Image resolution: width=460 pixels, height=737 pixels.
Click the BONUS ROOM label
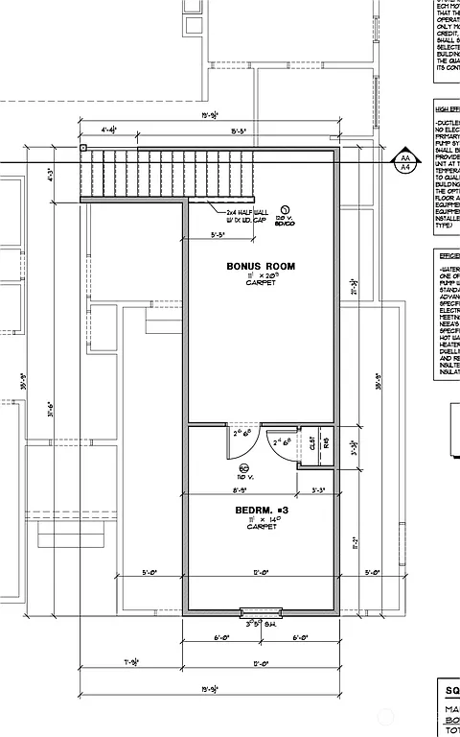point(260,266)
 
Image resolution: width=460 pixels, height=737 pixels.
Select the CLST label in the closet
point(311,443)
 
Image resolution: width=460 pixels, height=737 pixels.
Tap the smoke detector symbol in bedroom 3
point(243,467)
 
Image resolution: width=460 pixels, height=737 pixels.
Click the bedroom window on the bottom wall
point(260,611)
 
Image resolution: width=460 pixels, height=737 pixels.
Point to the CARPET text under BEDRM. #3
point(260,527)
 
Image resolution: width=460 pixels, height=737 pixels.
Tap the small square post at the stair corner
point(83,148)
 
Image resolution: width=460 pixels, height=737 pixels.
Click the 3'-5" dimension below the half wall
point(218,233)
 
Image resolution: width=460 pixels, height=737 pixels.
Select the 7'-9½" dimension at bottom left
point(132,663)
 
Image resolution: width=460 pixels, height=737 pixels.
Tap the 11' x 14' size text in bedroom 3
point(260,518)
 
